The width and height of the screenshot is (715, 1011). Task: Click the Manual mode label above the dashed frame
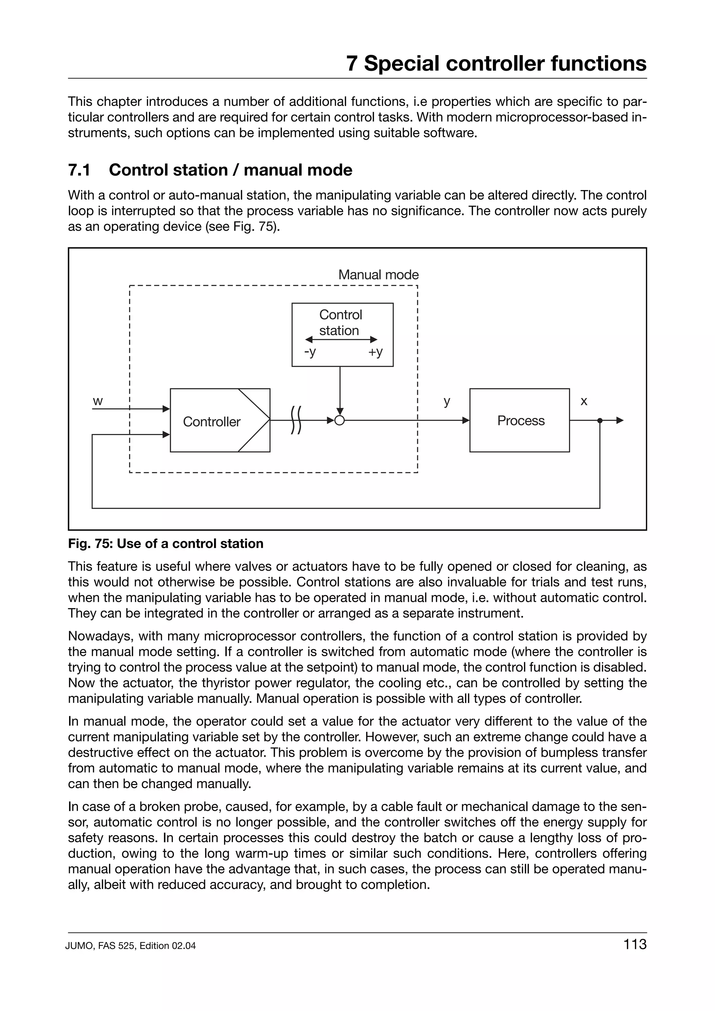coord(378,275)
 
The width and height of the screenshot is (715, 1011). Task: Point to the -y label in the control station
coord(310,352)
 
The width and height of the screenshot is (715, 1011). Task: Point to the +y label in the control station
coord(375,352)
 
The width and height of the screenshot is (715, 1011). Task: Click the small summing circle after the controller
coord(339,420)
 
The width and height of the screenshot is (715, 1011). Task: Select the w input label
coord(98,401)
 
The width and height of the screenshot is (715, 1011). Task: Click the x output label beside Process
coord(584,401)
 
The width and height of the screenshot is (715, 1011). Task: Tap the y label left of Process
coord(447,401)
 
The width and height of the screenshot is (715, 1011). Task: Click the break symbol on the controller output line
coord(296,420)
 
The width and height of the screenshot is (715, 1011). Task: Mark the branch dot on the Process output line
coord(599,420)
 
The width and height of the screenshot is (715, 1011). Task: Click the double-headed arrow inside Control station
coord(341,339)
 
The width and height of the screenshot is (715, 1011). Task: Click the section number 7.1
coord(79,170)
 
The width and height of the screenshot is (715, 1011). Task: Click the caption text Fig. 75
coord(90,544)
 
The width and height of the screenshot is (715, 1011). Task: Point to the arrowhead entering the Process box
coord(466,420)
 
